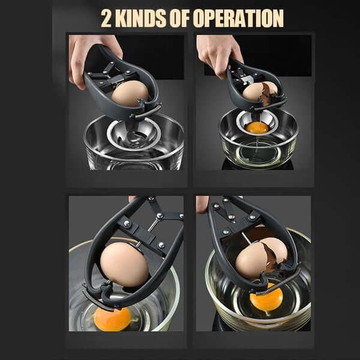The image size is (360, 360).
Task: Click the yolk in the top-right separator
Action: [x=257, y=127]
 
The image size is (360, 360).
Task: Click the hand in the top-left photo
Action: [x=84, y=57]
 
